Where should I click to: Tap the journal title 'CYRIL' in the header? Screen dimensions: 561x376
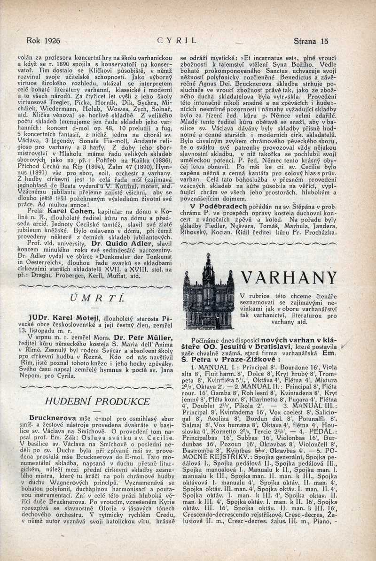(177, 41)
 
